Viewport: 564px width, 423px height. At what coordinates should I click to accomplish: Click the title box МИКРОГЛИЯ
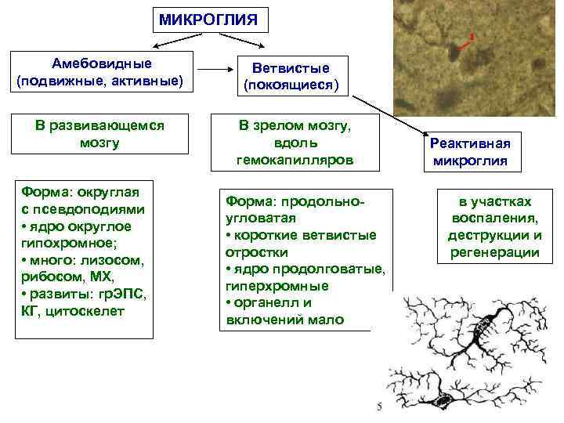(208, 18)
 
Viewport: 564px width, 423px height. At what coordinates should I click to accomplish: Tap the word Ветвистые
(291, 68)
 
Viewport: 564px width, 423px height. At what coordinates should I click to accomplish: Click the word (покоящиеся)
(291, 84)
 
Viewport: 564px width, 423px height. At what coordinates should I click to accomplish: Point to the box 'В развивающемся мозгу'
(99, 133)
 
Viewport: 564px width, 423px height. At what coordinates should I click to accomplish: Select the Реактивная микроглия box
(469, 152)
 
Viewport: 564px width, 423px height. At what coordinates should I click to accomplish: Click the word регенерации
(494, 252)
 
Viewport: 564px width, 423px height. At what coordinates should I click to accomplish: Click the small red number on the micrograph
(472, 36)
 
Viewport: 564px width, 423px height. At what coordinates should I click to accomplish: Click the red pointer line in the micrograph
(464, 46)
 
